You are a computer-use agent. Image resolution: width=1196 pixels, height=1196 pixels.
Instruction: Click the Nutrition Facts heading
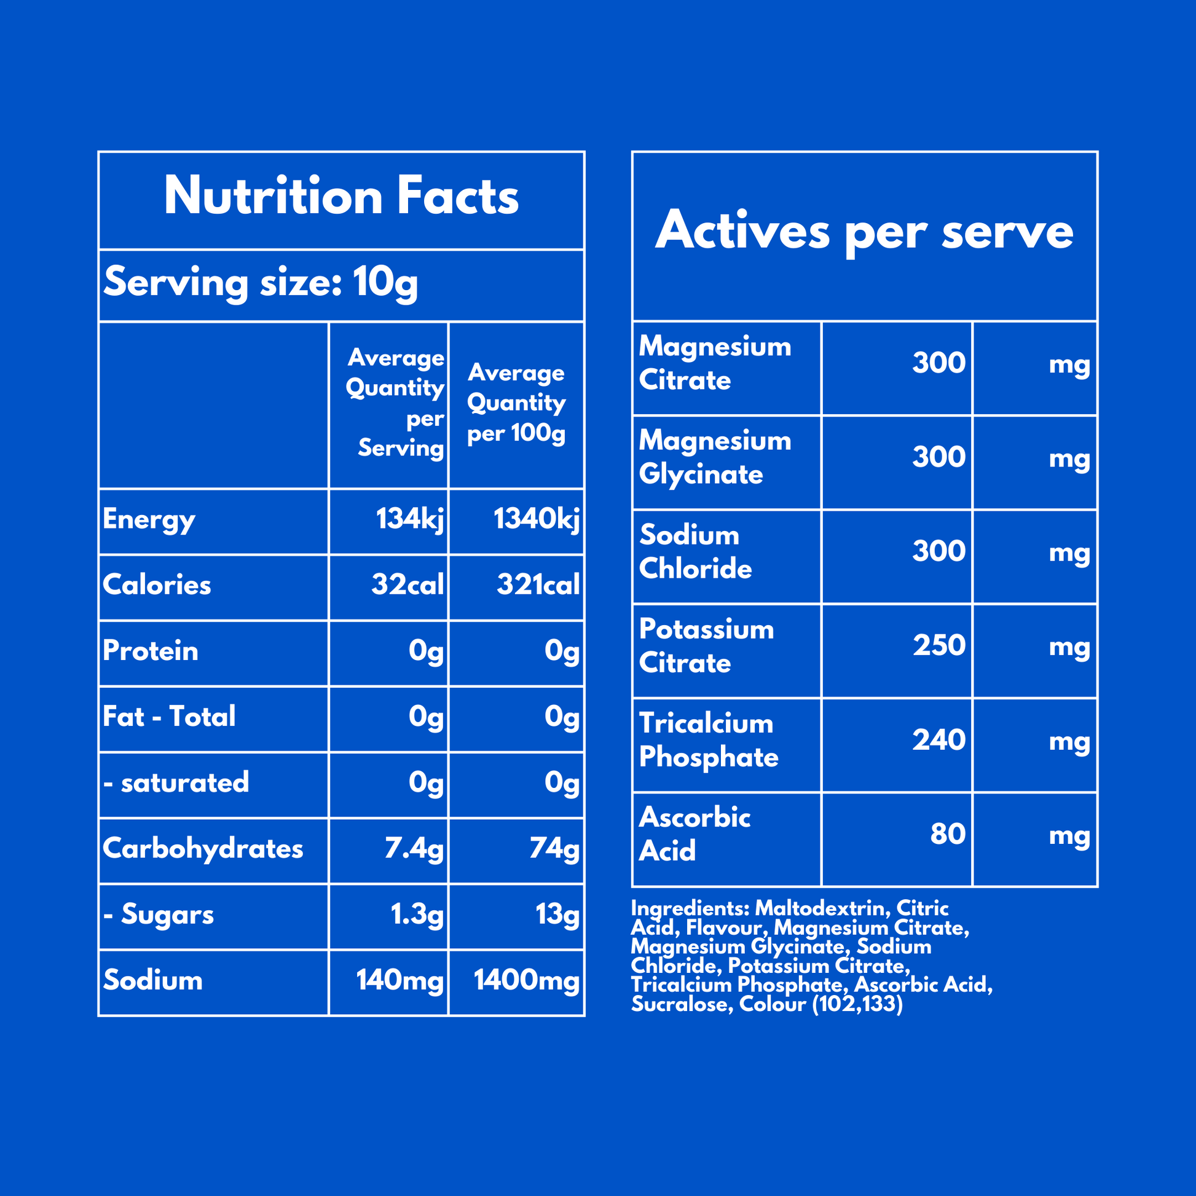click(341, 196)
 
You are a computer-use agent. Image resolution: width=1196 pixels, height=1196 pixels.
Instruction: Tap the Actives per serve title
click(864, 231)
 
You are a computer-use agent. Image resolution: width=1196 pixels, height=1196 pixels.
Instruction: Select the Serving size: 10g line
click(261, 283)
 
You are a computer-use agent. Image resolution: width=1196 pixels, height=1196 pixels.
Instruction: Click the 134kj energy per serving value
click(410, 519)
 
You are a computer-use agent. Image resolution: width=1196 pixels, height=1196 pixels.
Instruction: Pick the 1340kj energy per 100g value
click(536, 519)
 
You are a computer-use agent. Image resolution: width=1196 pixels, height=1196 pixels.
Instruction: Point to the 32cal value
click(407, 585)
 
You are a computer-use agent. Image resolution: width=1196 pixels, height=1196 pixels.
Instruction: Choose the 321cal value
click(538, 585)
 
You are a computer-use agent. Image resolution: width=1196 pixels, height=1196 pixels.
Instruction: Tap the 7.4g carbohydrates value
click(414, 849)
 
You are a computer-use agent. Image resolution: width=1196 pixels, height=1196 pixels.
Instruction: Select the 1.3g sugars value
click(417, 915)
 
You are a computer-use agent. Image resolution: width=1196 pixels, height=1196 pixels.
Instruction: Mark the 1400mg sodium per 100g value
click(526, 980)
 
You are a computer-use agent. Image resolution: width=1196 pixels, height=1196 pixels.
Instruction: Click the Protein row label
click(151, 651)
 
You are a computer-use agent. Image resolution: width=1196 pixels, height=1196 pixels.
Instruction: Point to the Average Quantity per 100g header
click(516, 403)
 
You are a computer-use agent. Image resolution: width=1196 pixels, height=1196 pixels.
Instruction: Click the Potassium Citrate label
click(706, 647)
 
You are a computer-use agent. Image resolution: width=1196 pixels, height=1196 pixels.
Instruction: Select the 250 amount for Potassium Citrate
click(938, 645)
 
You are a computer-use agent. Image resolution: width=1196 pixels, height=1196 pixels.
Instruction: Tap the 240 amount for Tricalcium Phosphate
click(938, 740)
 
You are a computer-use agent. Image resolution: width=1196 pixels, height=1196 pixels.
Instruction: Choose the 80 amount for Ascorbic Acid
click(947, 834)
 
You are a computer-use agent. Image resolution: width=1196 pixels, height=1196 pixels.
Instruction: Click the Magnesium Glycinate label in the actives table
click(714, 457)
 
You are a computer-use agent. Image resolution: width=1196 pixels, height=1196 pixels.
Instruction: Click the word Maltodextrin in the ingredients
click(822, 908)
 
